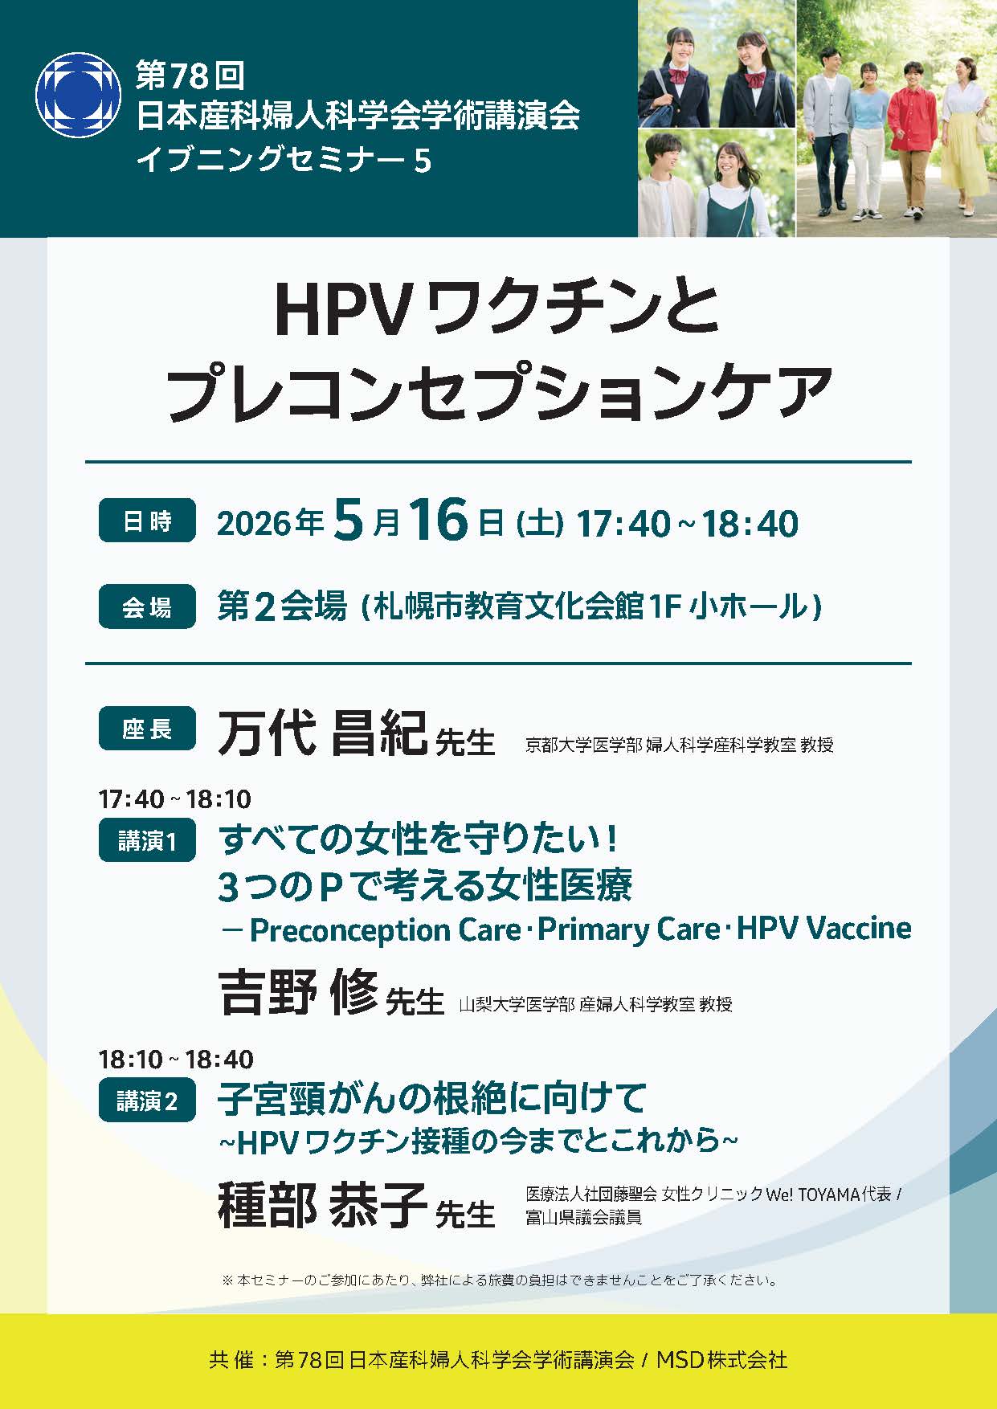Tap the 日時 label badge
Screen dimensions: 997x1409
tap(147, 521)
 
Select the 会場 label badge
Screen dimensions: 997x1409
tap(147, 606)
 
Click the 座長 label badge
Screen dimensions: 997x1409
tap(147, 729)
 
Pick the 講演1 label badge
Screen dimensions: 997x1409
tap(147, 840)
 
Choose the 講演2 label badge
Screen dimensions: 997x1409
tap(147, 1101)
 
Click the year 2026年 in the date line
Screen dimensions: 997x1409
tap(270, 523)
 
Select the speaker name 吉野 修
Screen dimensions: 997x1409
tap(298, 992)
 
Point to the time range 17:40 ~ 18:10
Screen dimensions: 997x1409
tap(175, 799)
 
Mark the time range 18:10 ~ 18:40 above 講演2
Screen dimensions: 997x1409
tap(175, 1059)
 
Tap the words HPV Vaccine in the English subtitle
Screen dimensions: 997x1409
tap(823, 928)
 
